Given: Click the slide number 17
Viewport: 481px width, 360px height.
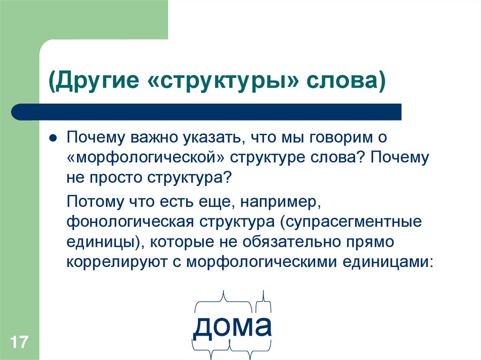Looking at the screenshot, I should [19, 342].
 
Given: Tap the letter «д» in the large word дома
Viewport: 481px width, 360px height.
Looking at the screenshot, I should [203, 327].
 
